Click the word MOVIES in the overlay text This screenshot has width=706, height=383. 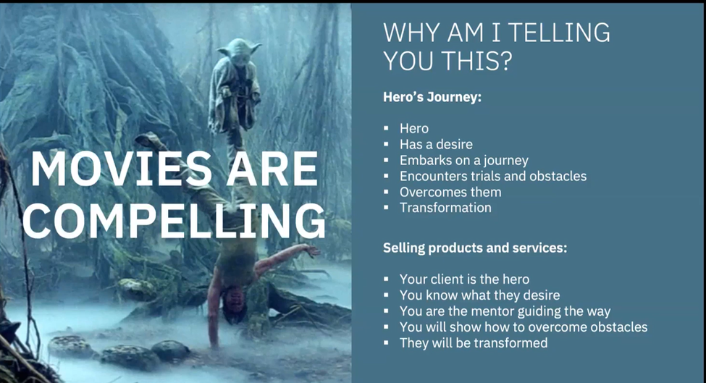point(121,169)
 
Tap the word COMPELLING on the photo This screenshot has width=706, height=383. point(174,221)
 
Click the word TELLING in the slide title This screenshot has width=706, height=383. point(561,33)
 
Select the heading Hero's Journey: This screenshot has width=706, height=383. point(432,97)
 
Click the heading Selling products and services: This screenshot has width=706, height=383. point(475,248)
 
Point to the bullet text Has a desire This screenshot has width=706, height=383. point(437,144)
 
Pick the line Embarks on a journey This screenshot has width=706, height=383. point(463,160)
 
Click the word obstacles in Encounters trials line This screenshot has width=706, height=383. point(558,176)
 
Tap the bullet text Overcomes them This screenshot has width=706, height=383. point(450,192)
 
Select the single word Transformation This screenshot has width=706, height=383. point(445,208)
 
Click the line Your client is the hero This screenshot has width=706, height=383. point(464,279)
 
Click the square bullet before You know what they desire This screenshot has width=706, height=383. point(386,295)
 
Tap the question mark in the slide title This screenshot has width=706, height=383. point(505,61)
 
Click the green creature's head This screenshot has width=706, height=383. point(239,49)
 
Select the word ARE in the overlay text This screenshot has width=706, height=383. point(272,169)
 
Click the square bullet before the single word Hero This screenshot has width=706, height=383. point(386,128)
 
